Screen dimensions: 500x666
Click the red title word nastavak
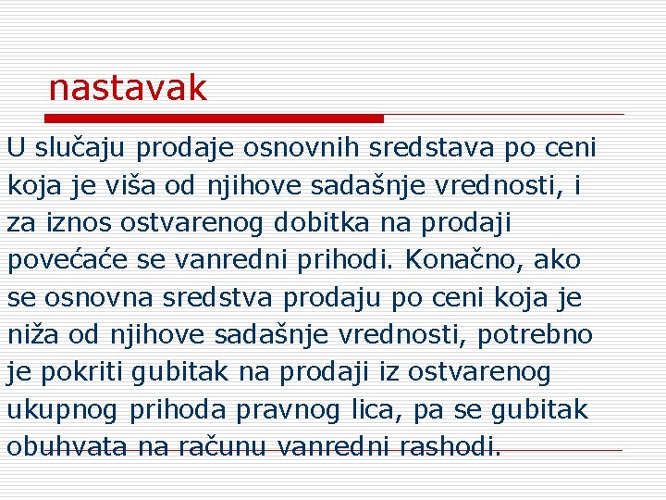click(x=128, y=88)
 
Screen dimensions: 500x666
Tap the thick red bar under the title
click(x=215, y=119)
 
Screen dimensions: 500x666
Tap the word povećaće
click(x=69, y=260)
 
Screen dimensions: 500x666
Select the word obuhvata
click(x=67, y=447)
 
